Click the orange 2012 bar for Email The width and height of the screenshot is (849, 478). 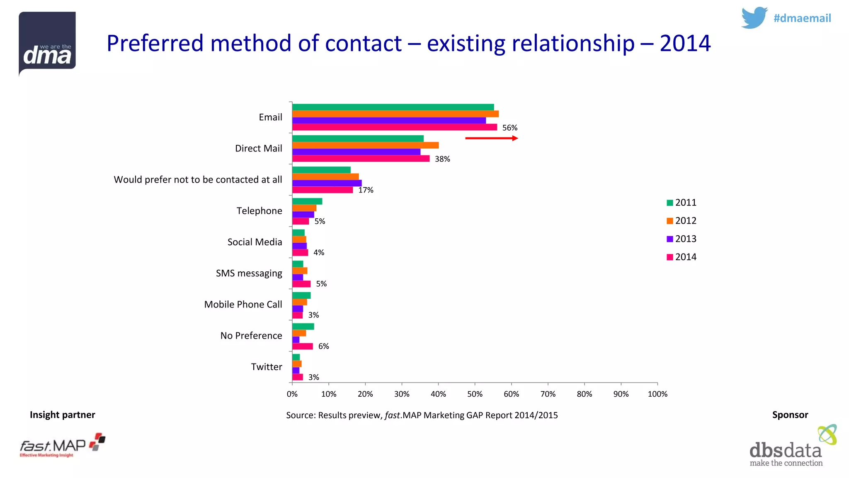pos(395,114)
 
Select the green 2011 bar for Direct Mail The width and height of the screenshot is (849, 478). pos(358,139)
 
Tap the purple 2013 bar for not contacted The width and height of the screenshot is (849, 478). pos(327,183)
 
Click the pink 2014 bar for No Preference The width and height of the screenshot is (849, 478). pos(302,346)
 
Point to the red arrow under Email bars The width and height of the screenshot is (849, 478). pos(491,138)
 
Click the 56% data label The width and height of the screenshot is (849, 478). pos(509,128)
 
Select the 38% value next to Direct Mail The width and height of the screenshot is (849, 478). pos(442,159)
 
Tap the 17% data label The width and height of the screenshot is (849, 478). pos(366,190)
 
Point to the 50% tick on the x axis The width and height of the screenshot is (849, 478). pos(475,394)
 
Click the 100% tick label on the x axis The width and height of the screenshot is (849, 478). pos(657,394)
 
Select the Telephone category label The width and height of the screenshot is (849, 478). pos(259,211)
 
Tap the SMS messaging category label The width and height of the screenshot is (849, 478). pos(249,273)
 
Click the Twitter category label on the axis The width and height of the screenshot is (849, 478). pos(266,367)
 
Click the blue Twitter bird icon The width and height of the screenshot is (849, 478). pos(754,18)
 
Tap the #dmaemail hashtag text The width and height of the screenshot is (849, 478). pos(802,18)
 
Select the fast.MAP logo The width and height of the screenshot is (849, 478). pos(62,446)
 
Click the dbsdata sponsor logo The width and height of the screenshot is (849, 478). pos(792,447)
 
